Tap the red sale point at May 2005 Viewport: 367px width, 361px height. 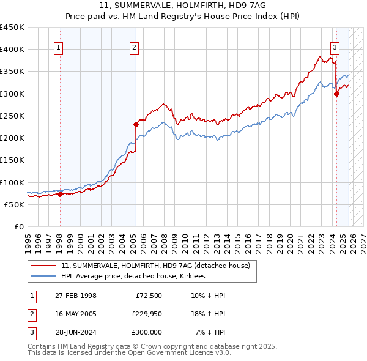(x=136, y=124)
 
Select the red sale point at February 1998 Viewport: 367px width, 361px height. (x=60, y=195)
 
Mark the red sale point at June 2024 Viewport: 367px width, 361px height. (x=336, y=94)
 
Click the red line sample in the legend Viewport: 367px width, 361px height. (x=43, y=266)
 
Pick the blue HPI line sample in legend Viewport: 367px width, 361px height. (x=43, y=277)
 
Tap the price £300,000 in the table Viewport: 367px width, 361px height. (x=146, y=332)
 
